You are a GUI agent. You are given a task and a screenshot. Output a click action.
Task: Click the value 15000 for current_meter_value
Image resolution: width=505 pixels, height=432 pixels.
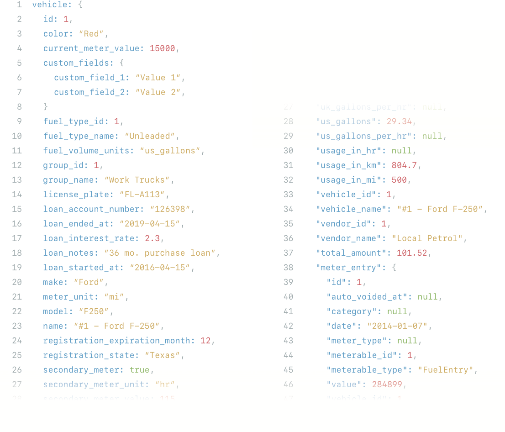pos(162,48)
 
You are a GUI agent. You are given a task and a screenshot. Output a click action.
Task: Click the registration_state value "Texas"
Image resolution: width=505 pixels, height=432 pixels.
pos(165,355)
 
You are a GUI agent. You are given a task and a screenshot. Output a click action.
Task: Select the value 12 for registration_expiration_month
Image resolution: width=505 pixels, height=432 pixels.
pos(205,341)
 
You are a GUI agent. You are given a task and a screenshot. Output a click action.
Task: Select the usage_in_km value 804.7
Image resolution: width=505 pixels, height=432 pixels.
pos(404,165)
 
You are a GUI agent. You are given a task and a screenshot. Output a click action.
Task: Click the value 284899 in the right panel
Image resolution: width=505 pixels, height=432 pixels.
pos(387,385)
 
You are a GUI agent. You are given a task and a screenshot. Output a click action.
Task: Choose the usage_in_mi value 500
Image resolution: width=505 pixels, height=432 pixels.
pos(399,180)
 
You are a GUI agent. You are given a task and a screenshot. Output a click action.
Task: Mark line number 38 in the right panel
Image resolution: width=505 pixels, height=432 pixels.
pos(288,268)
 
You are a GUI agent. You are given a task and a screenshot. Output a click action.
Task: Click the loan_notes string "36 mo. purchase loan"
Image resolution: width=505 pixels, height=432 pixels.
pos(162,253)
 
